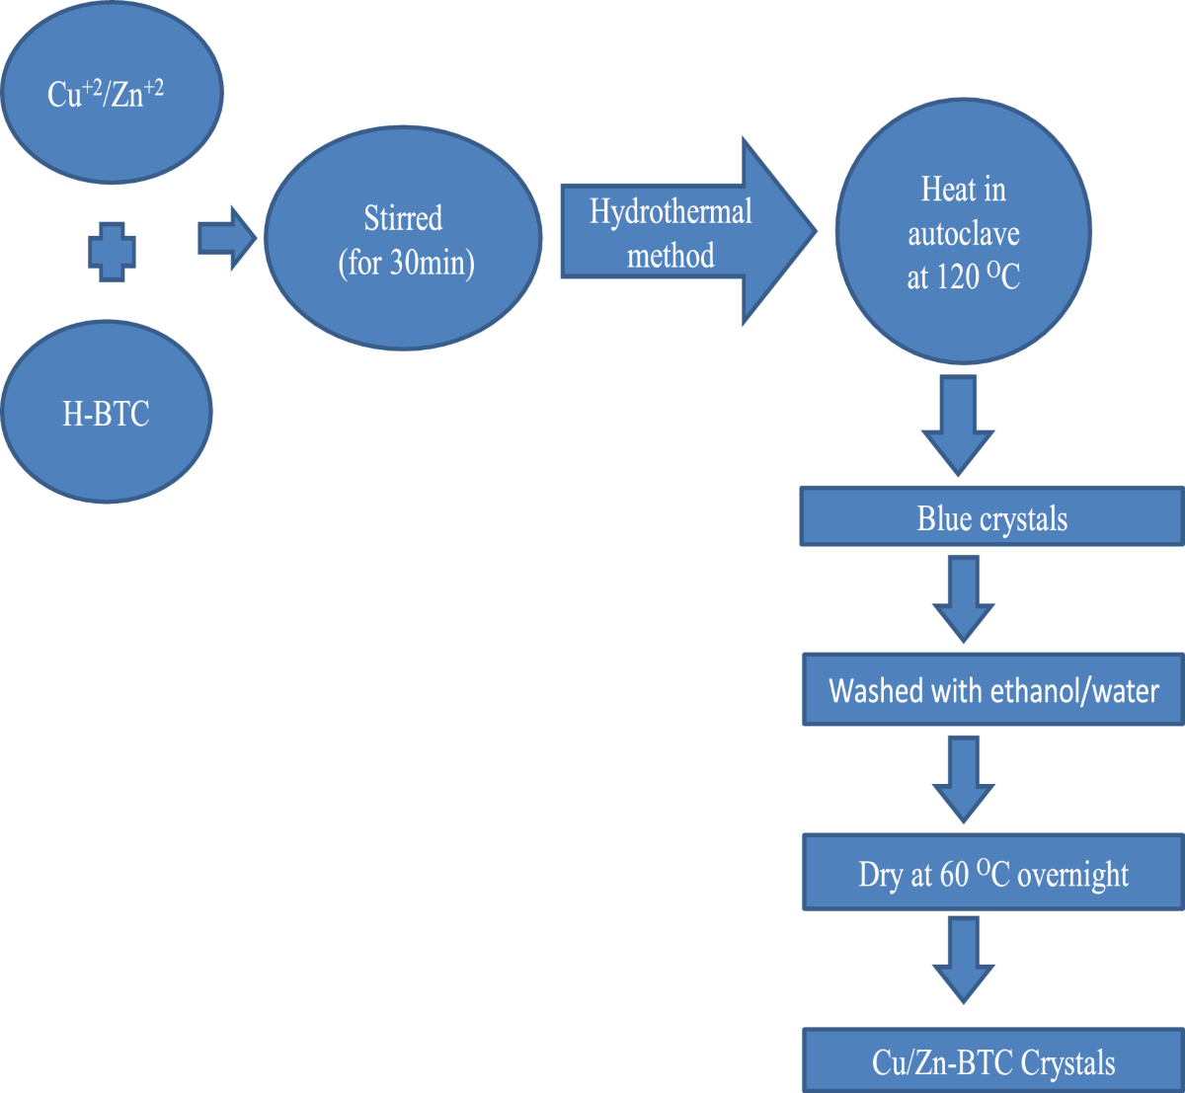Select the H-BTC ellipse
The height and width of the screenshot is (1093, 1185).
coord(107,413)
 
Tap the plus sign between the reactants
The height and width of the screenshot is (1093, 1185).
coord(112,252)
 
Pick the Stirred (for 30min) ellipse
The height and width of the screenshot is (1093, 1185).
coord(403,238)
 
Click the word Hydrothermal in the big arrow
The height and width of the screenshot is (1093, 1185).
coord(671,211)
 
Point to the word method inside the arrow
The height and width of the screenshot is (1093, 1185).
coord(671,257)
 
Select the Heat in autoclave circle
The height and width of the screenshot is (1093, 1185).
coord(963,232)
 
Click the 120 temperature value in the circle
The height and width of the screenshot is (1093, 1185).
coord(957,278)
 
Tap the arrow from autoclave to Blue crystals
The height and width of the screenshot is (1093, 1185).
coord(958,426)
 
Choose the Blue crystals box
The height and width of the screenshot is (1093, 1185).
coord(991,517)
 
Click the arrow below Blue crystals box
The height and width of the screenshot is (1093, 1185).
coord(963,598)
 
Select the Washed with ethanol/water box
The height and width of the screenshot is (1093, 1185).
coord(992,690)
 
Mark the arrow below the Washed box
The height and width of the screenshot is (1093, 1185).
coord(963,779)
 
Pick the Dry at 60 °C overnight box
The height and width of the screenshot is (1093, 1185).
coord(992,874)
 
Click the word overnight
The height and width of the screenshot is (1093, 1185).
coord(1072,876)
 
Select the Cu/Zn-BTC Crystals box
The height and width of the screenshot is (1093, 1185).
coord(992,1061)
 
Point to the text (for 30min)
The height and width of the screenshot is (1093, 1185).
coord(406,264)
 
